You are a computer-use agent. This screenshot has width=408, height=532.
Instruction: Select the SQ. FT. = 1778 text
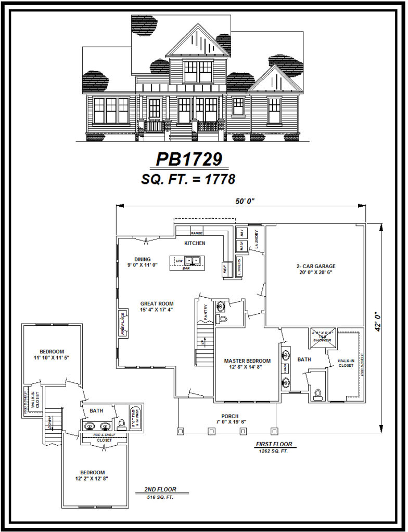188,179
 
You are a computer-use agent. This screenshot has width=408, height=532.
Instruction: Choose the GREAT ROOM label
157,307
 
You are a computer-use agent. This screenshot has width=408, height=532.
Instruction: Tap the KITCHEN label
195,243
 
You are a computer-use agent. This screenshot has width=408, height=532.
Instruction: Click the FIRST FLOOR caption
274,445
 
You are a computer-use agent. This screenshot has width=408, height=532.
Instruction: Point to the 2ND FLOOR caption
160,489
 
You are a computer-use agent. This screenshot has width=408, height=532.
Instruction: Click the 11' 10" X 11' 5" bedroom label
52,354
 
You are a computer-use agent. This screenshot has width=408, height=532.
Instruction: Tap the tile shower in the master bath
322,337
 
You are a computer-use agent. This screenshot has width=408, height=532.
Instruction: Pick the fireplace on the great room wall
122,324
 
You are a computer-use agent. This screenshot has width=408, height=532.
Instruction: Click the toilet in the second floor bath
122,424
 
